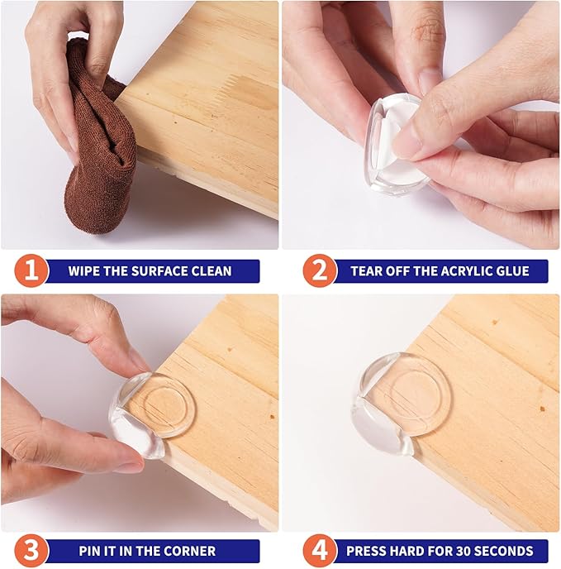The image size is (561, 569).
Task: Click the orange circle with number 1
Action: click(31, 270)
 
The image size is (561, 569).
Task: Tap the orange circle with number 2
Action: click(320, 270)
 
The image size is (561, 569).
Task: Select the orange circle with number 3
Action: click(31, 551)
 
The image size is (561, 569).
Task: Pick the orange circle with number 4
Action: click(320, 551)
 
